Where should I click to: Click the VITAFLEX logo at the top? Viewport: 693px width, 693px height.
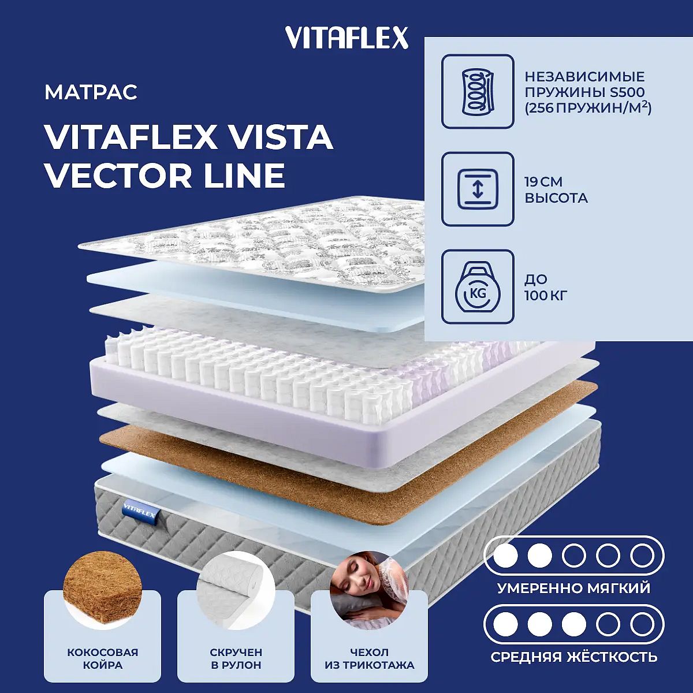point(346,38)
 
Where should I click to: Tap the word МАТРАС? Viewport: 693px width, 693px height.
point(91,92)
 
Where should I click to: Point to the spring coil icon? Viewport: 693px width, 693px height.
point(478,91)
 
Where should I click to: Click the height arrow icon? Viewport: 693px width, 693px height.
point(478,189)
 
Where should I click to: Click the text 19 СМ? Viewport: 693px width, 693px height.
point(543,181)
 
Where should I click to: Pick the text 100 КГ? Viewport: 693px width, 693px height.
point(546,296)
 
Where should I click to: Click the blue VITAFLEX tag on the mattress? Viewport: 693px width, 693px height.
point(139,511)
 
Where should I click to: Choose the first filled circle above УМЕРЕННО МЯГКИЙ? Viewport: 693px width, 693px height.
point(506,555)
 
